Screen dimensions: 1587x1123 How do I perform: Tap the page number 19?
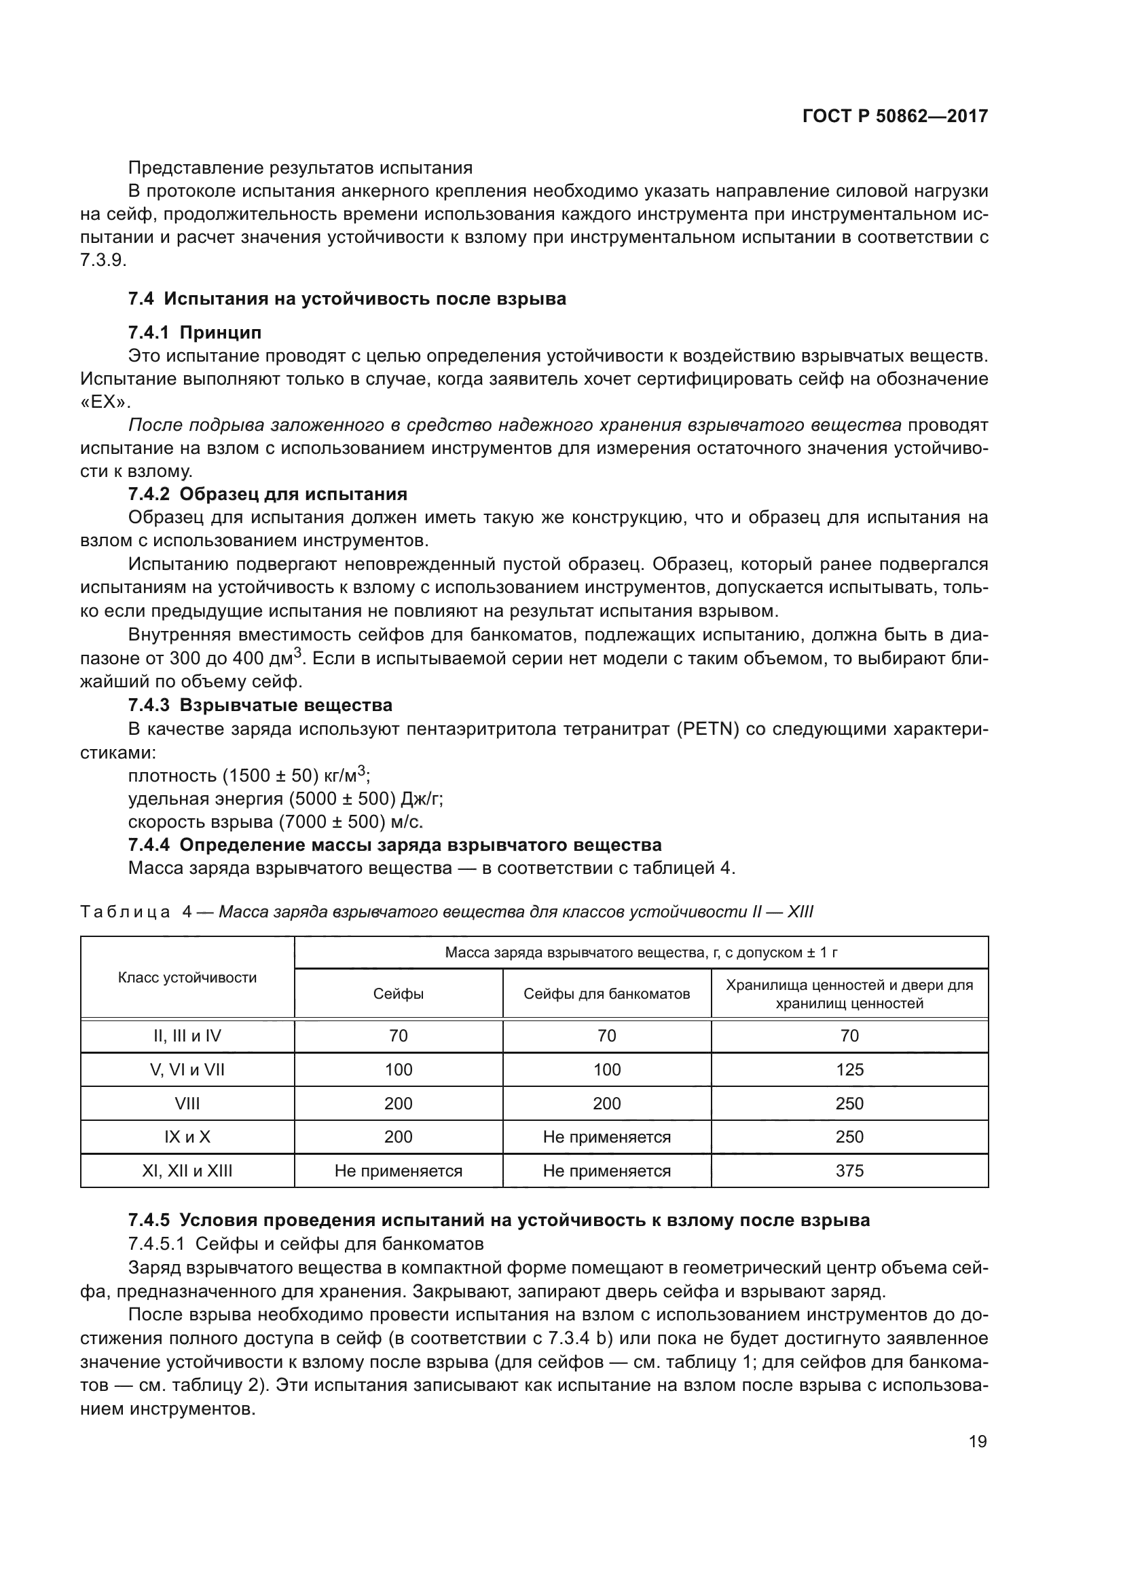pyautogui.click(x=977, y=1442)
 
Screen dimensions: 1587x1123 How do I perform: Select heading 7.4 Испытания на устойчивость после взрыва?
pyautogui.click(x=347, y=299)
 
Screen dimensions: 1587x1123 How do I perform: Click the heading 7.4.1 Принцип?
pyautogui.click(x=195, y=332)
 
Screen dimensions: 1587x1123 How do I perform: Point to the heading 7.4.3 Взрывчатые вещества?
pyautogui.click(x=260, y=705)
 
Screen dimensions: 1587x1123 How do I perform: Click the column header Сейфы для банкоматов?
pyautogui.click(x=606, y=994)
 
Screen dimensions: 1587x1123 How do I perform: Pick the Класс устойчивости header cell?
pyautogui.click(x=187, y=977)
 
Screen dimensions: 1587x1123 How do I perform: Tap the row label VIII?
pyautogui.click(x=187, y=1103)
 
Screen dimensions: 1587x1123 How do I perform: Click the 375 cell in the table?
pyautogui.click(x=849, y=1171)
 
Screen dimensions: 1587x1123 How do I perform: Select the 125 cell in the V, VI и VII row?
pyautogui.click(x=849, y=1070)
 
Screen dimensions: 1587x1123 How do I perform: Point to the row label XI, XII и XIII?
pyautogui.click(x=187, y=1171)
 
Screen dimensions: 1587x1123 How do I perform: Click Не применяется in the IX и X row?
pyautogui.click(x=606, y=1137)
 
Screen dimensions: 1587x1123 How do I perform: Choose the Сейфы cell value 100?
pyautogui.click(x=399, y=1070)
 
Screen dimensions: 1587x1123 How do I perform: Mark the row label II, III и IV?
pyautogui.click(x=187, y=1035)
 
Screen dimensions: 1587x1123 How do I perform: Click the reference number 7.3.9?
pyautogui.click(x=103, y=261)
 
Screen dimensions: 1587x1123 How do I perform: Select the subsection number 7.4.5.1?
pyautogui.click(x=156, y=1244)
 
